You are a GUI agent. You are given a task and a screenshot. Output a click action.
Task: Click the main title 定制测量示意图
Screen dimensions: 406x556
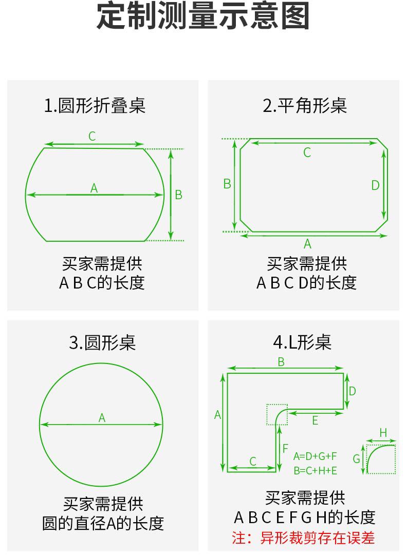click(x=202, y=16)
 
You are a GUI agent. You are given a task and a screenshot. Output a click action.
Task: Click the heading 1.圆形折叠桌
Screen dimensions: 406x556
click(x=95, y=105)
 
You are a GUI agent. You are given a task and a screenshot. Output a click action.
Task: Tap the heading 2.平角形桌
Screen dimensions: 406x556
click(x=304, y=105)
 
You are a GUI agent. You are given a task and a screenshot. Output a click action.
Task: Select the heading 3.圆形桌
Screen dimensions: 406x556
click(x=102, y=342)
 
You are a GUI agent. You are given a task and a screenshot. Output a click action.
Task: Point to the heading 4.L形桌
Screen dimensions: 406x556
click(x=302, y=342)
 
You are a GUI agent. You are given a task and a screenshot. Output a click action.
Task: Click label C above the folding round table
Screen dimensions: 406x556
click(x=92, y=136)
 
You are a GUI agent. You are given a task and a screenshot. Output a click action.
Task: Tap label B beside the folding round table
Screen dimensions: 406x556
click(x=178, y=195)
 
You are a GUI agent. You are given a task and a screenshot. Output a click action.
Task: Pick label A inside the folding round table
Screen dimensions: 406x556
click(x=94, y=188)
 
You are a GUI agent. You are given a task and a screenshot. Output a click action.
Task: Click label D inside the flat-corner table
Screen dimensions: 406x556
click(x=375, y=185)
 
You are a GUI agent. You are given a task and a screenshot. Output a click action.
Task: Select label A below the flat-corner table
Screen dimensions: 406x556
click(x=307, y=244)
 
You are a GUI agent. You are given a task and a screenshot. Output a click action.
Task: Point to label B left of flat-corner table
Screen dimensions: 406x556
click(x=227, y=184)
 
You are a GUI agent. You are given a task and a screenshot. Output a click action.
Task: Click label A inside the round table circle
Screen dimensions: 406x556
click(x=102, y=418)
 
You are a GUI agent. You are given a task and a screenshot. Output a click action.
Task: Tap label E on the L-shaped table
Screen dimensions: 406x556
click(x=315, y=420)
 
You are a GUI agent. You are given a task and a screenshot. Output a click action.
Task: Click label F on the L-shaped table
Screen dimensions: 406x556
click(x=285, y=449)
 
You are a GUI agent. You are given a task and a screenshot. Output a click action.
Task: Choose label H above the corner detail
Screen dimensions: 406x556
click(x=383, y=433)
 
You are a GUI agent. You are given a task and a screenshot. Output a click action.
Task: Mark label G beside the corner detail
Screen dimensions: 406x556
click(x=356, y=459)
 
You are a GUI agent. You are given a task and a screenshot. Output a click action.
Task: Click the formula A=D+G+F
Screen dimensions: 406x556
click(x=315, y=456)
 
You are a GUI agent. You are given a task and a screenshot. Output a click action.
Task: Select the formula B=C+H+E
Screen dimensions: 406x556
click(x=315, y=471)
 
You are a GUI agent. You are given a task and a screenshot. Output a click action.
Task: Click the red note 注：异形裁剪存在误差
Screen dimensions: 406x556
click(x=303, y=538)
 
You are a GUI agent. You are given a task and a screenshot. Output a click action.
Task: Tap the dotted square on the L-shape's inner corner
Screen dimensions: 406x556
click(x=277, y=404)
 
